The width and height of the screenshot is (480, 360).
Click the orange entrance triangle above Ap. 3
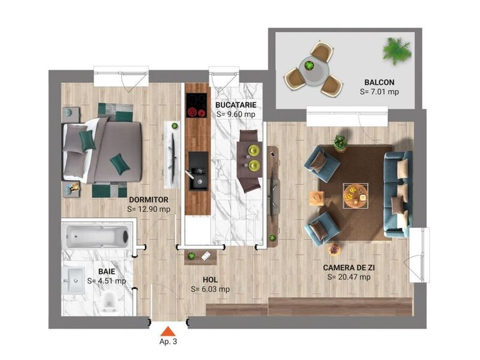click(x=168, y=332)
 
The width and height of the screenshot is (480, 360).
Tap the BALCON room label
click(x=379, y=82)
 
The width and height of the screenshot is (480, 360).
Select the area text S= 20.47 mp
click(x=349, y=277)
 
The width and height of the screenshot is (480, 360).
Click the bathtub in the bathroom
click(x=97, y=236)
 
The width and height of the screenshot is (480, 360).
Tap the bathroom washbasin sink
click(x=73, y=280)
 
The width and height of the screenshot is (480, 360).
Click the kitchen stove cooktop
click(x=197, y=106)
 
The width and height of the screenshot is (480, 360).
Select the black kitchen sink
click(x=198, y=172)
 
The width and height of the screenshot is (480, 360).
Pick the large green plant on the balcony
click(x=397, y=50)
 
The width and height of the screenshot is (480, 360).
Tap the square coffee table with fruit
click(x=355, y=196)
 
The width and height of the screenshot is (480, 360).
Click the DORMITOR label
click(x=148, y=200)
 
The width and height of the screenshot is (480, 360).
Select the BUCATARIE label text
click(x=236, y=105)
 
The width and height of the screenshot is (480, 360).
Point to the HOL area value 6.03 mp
click(x=215, y=289)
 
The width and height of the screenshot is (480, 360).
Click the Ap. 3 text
click(x=168, y=341)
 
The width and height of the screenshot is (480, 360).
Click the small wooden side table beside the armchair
click(x=317, y=199)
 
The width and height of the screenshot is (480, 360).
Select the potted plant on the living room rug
click(x=340, y=143)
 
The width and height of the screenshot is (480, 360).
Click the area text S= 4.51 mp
click(x=106, y=281)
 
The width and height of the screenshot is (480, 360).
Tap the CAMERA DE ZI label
click(x=349, y=268)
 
